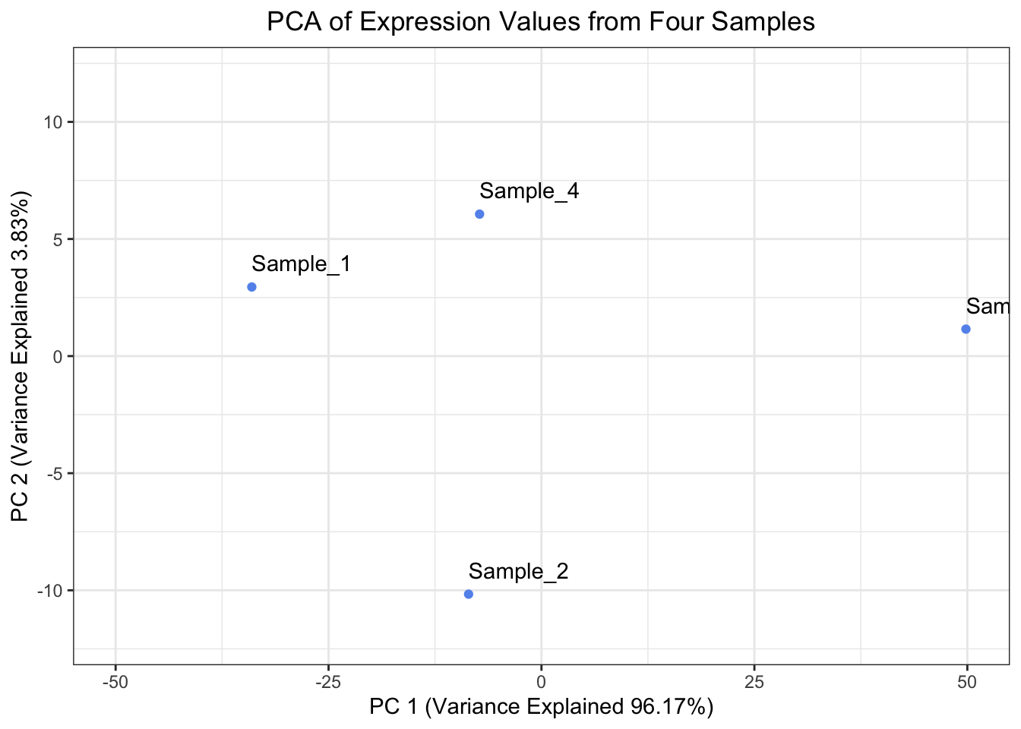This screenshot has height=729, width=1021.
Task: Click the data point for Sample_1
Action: coord(251,287)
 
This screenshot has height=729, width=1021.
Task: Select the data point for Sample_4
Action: coord(479,214)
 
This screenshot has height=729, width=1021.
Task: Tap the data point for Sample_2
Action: coord(468,594)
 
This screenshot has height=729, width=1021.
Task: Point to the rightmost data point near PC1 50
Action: coord(966,329)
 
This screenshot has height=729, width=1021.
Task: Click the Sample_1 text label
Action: coord(301,264)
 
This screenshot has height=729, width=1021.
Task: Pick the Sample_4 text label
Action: coord(529,191)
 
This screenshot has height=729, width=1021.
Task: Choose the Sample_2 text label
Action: coord(518,571)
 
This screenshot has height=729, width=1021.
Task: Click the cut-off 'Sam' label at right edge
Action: coord(988,307)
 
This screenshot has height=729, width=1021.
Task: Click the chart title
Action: coord(541,21)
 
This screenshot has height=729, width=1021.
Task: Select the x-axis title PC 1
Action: coord(541,707)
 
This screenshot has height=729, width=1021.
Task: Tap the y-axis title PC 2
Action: coord(21,356)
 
